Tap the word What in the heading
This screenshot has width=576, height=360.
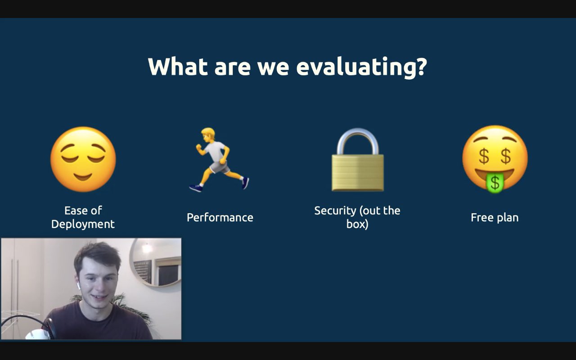pos(178,66)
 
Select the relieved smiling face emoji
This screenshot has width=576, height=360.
pos(83,159)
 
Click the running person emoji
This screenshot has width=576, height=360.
pos(219,160)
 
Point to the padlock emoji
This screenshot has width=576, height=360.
pos(358,160)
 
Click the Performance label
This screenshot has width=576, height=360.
pos(220,217)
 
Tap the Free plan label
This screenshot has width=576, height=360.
pos(495,217)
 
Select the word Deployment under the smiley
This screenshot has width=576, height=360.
pos(83,224)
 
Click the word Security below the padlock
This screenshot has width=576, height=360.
pos(335,211)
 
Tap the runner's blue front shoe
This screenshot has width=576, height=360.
pos(196,188)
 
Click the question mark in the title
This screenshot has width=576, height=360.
pos(421,66)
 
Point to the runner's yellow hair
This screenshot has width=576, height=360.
pos(208,132)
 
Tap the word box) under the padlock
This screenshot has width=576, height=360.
pos(357,224)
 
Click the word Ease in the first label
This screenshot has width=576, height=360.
pos(75,211)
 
